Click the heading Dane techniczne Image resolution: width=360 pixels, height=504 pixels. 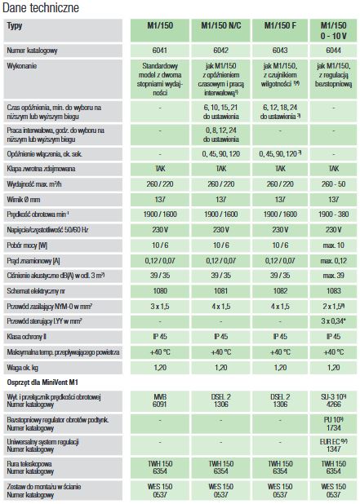(41, 7)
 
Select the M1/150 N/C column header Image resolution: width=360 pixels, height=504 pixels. (221, 26)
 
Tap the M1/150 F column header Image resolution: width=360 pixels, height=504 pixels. (280, 26)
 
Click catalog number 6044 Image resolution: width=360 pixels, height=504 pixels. (334, 51)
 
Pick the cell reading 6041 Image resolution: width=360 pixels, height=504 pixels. (160, 51)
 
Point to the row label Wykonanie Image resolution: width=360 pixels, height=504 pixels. (22, 66)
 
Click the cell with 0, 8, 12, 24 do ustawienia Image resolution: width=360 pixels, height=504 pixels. (221, 135)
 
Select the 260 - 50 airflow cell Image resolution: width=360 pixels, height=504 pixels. (334, 184)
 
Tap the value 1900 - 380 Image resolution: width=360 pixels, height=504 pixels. (334, 214)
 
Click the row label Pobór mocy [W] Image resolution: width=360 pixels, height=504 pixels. (27, 245)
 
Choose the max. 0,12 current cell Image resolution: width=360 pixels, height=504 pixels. (334, 261)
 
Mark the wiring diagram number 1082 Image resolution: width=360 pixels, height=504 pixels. (280, 291)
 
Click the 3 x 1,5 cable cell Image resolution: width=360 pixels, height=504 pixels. (160, 307)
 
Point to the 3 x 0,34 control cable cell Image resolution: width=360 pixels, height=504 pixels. (334, 321)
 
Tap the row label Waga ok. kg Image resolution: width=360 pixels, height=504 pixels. (23, 368)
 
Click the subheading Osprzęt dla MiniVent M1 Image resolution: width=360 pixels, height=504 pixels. (42, 382)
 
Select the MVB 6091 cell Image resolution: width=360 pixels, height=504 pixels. (160, 400)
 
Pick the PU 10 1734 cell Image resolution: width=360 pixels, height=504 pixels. (334, 424)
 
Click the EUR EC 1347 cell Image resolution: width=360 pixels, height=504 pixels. (334, 445)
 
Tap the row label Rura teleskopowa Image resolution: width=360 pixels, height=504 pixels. (29, 464)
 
